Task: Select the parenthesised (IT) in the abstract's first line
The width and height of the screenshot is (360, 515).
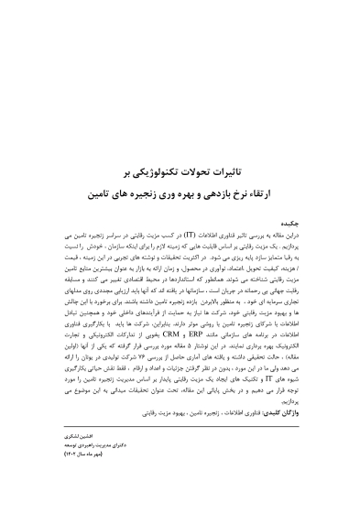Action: [182, 236]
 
